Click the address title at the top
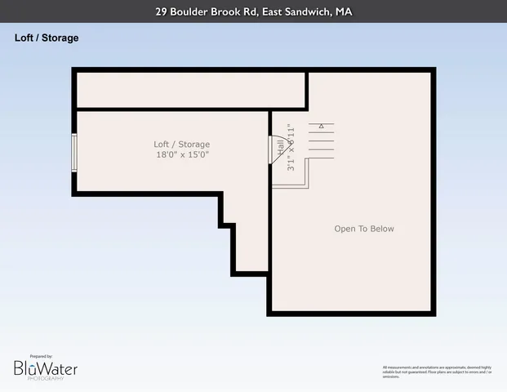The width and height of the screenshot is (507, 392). [x=253, y=12]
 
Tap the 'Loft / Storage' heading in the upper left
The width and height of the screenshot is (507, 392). [x=47, y=38]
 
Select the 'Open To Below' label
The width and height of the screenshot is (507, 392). [x=364, y=229]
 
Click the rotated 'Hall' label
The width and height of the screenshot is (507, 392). [x=281, y=147]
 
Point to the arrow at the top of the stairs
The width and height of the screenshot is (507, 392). [x=322, y=126]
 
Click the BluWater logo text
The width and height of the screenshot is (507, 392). [x=46, y=369]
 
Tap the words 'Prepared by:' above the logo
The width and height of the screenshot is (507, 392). [x=41, y=356]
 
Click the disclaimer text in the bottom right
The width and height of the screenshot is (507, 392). [x=437, y=372]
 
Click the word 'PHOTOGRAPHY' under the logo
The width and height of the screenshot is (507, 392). [x=45, y=379]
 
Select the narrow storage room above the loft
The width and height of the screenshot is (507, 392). [x=191, y=90]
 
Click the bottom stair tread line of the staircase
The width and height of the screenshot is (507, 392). [x=322, y=159]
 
